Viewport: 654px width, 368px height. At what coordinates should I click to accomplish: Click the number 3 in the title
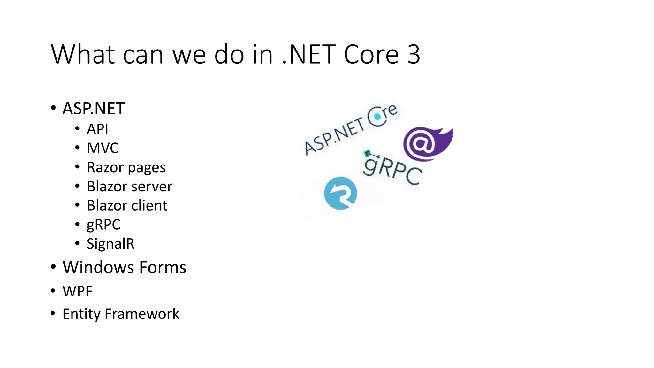(414, 54)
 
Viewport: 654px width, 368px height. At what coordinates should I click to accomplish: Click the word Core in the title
(371, 54)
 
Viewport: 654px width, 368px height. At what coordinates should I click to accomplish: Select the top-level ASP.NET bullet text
(93, 109)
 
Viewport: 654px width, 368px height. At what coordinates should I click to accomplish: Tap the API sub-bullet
(97, 129)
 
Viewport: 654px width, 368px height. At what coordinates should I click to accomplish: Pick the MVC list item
(103, 148)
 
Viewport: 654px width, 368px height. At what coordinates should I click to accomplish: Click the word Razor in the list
(104, 167)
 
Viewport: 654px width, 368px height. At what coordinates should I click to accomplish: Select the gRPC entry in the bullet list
(103, 225)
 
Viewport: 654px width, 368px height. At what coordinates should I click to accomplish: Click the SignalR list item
(110, 244)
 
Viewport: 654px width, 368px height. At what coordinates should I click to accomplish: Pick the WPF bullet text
(77, 291)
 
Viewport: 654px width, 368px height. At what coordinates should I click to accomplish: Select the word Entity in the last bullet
(81, 314)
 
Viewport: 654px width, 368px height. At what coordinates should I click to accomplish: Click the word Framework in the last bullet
(142, 314)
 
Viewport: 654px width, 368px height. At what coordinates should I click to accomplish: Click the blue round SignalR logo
(340, 193)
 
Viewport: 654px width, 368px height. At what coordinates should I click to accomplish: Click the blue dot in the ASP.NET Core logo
(377, 117)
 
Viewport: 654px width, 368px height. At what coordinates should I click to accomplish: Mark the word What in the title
(83, 54)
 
